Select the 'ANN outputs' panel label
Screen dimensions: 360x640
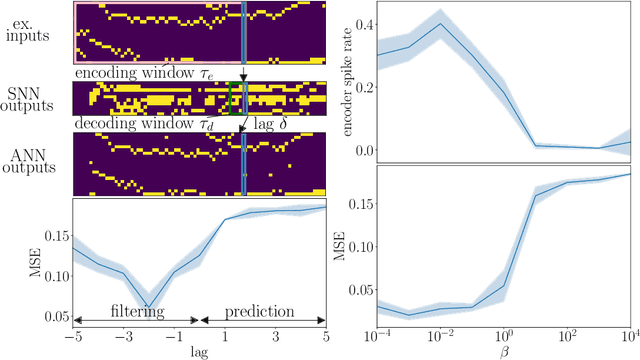[x=34, y=162]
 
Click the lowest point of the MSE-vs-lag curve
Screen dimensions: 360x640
[x=148, y=306]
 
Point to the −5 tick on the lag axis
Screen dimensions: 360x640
[x=73, y=336]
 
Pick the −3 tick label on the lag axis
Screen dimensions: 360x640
[x=123, y=336]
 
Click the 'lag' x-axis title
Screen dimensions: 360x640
[x=199, y=350]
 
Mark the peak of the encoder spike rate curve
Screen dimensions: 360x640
[x=440, y=24]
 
